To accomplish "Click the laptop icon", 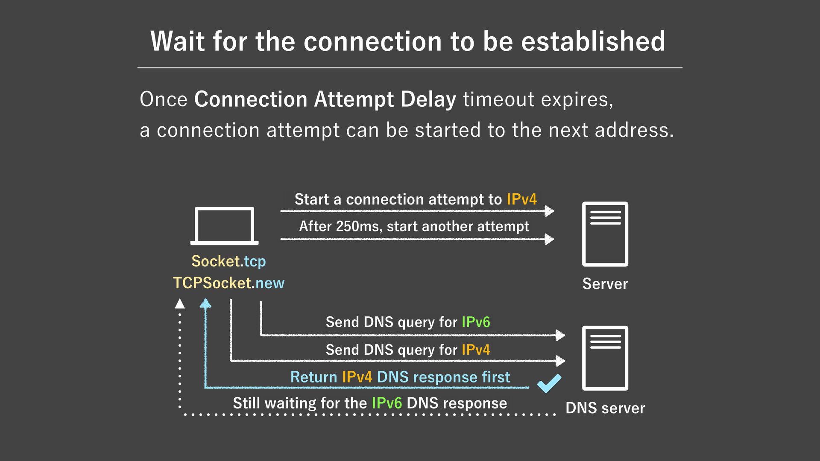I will (x=224, y=226).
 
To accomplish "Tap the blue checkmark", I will (x=549, y=383).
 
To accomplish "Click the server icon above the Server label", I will (x=605, y=234).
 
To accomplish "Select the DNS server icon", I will (x=605, y=358).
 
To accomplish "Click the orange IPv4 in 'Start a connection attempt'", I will (x=521, y=199).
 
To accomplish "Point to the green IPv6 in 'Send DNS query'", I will (x=476, y=322).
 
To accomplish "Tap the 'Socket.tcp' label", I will (x=228, y=261).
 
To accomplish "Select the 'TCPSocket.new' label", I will (x=228, y=283).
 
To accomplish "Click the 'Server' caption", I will (x=605, y=284).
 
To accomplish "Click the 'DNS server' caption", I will (x=605, y=408).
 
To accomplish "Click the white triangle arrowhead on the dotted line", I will (x=180, y=303).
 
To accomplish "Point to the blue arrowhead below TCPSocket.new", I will (x=205, y=303).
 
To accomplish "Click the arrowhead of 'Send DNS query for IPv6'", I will (x=560, y=335).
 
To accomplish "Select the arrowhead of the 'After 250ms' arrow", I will (x=549, y=239).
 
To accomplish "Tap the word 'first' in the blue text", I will (x=496, y=377).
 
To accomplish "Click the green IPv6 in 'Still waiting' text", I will (x=387, y=403).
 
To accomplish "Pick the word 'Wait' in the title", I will (x=178, y=41).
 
